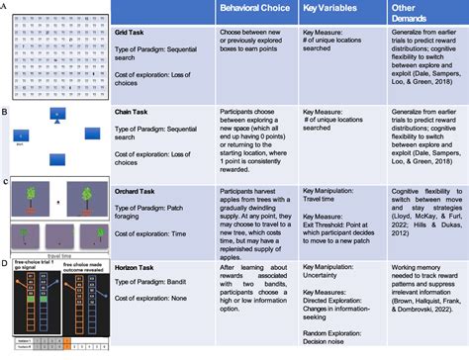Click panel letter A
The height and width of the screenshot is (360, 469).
pos(5,6)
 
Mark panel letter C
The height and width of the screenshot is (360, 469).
pos(6,182)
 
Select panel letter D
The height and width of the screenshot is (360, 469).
pos(6,262)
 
